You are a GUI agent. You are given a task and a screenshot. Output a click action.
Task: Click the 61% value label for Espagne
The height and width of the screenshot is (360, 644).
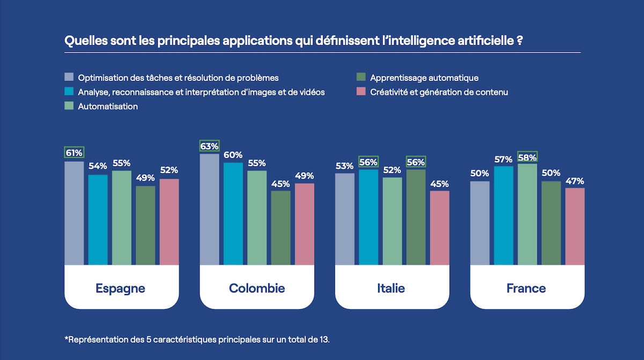pyautogui.click(x=74, y=153)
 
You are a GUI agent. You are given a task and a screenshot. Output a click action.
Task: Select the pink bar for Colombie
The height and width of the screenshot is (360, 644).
pyautogui.click(x=304, y=224)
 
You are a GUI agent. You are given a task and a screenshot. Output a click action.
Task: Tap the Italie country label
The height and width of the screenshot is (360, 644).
pyautogui.click(x=391, y=289)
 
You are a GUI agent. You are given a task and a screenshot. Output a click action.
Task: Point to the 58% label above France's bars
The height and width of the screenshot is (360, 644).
pyautogui.click(x=527, y=157)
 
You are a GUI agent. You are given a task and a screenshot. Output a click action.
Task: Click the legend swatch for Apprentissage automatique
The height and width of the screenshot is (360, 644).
pyautogui.click(x=361, y=78)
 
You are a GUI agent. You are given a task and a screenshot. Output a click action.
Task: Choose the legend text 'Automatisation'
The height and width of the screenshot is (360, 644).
pyautogui.click(x=108, y=106)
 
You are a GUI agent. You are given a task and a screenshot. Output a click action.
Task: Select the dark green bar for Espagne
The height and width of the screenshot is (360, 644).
pyautogui.click(x=145, y=225)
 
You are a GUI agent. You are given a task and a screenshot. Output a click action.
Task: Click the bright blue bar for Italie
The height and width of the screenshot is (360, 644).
pyautogui.click(x=368, y=217)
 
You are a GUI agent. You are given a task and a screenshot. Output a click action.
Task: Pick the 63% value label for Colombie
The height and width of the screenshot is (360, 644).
pyautogui.click(x=209, y=146)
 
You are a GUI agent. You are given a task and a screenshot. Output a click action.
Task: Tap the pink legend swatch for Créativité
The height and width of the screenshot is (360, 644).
pyautogui.click(x=361, y=92)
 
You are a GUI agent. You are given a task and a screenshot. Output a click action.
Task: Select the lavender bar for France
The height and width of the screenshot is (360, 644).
pyautogui.click(x=480, y=223)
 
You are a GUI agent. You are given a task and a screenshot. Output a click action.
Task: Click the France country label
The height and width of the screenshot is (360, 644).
pyautogui.click(x=526, y=289)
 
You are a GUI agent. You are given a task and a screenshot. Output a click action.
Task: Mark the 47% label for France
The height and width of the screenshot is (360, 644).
pyautogui.click(x=574, y=181)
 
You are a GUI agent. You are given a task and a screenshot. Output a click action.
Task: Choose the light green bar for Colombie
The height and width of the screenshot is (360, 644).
pyautogui.click(x=257, y=218)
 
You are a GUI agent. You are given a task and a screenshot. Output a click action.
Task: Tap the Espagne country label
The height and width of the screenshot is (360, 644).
pyautogui.click(x=120, y=289)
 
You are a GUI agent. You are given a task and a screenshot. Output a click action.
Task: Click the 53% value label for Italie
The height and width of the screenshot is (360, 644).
pyautogui.click(x=345, y=166)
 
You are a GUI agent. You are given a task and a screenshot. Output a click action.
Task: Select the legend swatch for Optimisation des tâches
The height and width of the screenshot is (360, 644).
pyautogui.click(x=69, y=78)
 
